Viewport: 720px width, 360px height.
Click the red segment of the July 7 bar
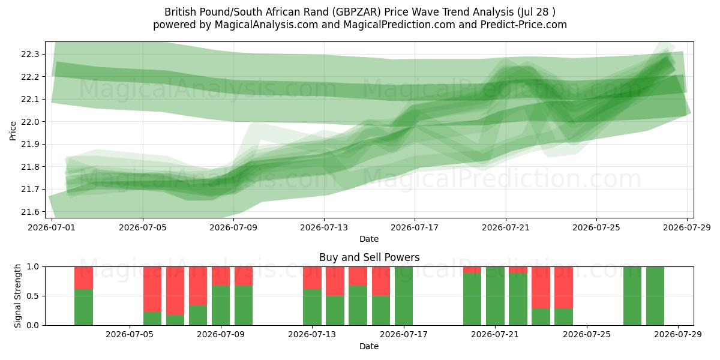coord(175,290)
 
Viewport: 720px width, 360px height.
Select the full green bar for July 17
coord(404,296)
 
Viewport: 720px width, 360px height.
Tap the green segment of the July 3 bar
coord(83,307)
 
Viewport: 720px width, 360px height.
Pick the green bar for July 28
coord(655,296)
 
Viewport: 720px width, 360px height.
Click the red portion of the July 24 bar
coord(563,287)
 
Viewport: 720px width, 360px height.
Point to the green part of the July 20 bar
coord(472,299)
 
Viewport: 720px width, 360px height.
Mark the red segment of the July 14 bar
coord(335,281)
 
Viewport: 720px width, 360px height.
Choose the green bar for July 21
coord(495,296)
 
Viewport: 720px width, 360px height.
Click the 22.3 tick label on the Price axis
coord(30,55)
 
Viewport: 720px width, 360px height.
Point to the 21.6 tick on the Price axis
coord(30,212)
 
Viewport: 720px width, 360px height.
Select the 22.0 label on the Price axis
coord(30,122)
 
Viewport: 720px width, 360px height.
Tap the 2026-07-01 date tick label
coord(52,227)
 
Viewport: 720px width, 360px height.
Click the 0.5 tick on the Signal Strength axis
coord(33,296)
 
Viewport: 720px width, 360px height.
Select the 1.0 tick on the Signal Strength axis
coord(33,267)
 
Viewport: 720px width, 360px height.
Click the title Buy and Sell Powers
coord(370,257)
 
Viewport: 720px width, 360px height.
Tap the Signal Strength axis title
coord(17,296)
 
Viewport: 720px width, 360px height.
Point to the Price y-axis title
coord(13,131)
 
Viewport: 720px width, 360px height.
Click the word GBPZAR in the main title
coord(356,12)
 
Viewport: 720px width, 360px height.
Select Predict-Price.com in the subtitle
coord(524,25)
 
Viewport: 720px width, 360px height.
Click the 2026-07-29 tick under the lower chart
coord(678,335)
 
